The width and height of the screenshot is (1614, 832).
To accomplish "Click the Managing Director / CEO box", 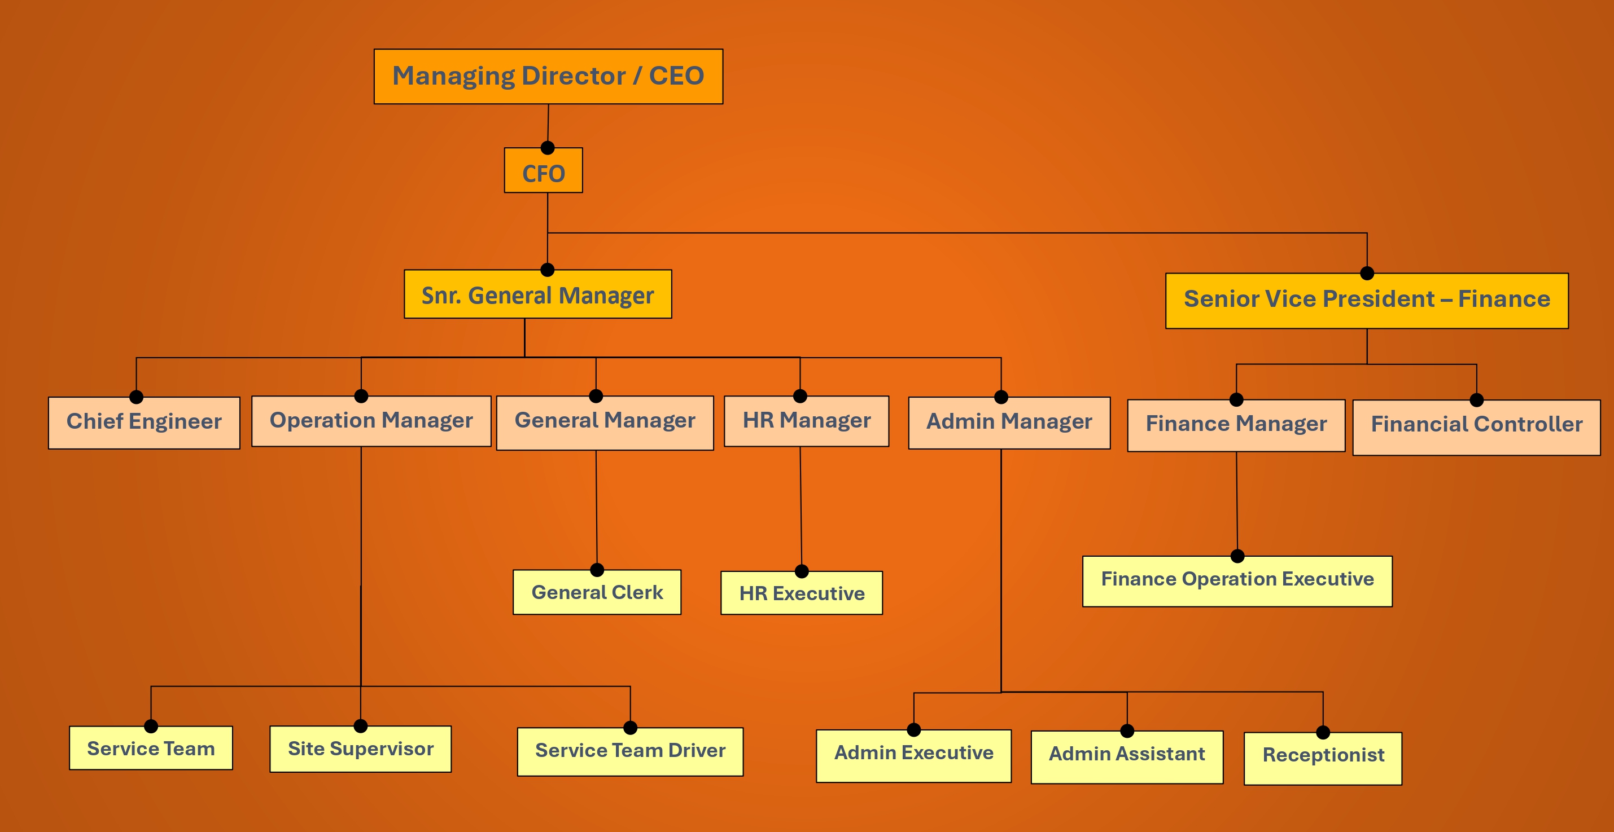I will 548,76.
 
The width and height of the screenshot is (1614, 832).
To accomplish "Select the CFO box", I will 543,172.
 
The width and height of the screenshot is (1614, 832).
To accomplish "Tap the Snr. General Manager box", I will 537,295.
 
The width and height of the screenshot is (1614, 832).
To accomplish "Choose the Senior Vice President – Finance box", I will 1367,300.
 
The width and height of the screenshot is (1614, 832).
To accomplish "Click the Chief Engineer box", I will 144,422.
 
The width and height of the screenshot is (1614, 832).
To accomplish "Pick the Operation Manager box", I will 371,421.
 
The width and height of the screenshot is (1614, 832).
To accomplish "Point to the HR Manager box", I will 806,421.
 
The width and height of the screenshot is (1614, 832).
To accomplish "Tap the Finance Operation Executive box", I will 1237,581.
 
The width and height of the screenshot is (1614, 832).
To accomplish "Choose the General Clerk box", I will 597,592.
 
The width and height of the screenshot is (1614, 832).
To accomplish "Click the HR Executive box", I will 802,593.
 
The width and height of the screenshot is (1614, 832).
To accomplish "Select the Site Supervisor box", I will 360,749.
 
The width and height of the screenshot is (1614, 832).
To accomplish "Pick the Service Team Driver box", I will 629,751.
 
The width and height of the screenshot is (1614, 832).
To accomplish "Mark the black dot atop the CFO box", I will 548,148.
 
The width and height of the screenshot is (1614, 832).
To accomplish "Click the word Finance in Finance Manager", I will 1187,424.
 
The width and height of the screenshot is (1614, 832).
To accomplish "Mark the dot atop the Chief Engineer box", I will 137,397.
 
